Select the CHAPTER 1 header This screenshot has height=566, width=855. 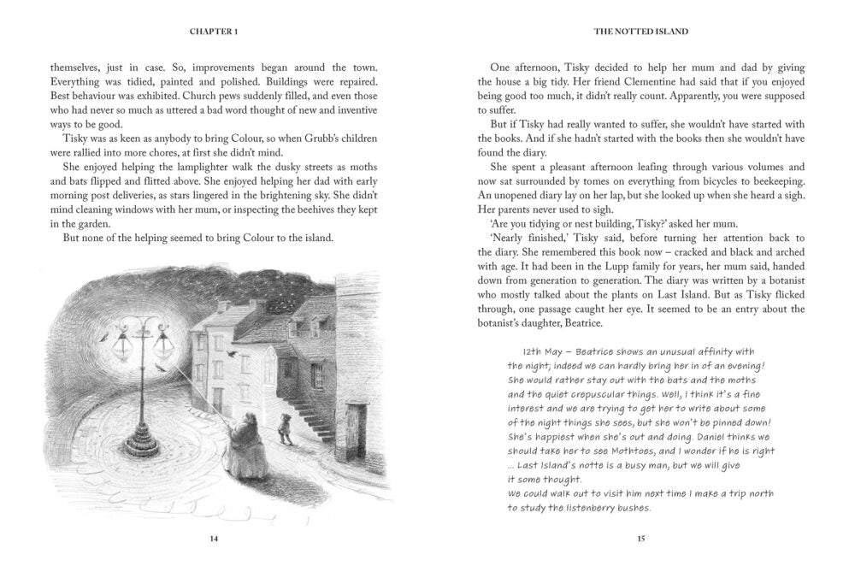tap(214, 31)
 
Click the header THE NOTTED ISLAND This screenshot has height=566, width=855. tap(640, 31)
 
